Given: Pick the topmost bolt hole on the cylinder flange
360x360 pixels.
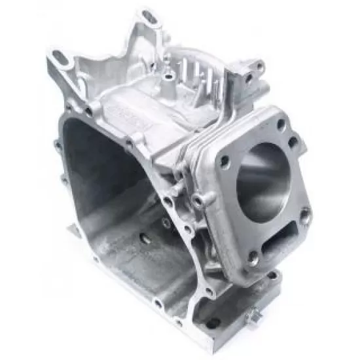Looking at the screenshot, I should (281, 123).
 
